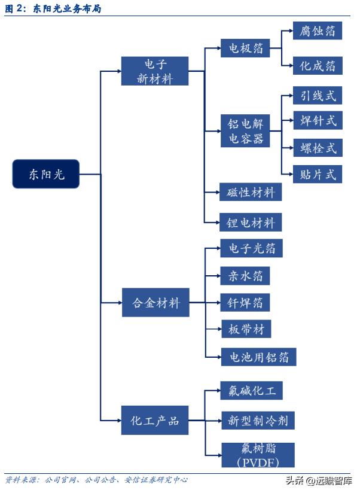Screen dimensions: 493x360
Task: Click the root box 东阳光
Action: click(45, 174)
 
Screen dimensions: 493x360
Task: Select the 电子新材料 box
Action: click(154, 71)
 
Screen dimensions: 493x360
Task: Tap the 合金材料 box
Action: click(155, 303)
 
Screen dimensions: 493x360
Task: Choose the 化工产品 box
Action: click(154, 421)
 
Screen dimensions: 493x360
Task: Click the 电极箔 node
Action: click(242, 48)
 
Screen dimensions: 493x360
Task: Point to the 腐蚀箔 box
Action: click(318, 31)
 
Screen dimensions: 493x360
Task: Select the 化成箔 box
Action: click(318, 65)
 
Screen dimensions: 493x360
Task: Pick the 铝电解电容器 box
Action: click(245, 131)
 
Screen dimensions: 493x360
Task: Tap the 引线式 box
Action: click(318, 95)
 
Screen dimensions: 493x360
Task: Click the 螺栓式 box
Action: click(318, 147)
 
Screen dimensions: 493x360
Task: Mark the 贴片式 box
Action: click(318, 174)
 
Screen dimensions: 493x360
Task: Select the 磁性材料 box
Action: click(251, 193)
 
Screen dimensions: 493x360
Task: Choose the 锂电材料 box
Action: click(251, 223)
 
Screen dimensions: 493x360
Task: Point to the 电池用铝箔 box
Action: click(258, 357)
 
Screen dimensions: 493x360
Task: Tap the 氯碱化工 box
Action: click(251, 391)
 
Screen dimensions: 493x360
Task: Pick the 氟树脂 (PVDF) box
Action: click(250, 455)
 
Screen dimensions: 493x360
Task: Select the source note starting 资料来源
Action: click(96, 480)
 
